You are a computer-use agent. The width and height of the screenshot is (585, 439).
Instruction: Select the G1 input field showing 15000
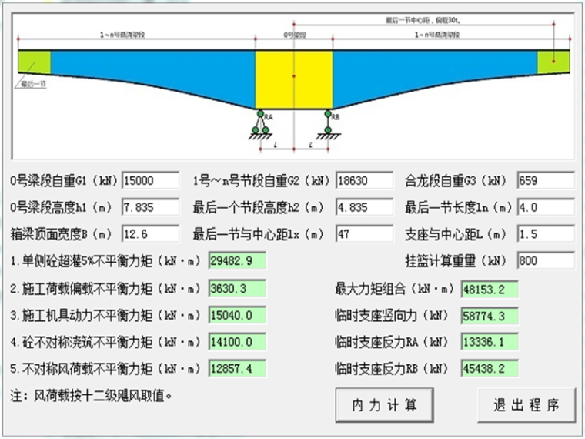pyautogui.click(x=150, y=181)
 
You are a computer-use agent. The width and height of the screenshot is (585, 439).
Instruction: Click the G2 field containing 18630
pyautogui.click(x=365, y=181)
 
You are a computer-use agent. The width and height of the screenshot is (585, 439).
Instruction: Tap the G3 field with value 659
pyautogui.click(x=546, y=181)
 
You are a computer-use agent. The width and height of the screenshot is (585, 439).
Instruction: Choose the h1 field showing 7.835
pyautogui.click(x=150, y=207)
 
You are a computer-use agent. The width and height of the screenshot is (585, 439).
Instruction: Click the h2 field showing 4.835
pyautogui.click(x=365, y=207)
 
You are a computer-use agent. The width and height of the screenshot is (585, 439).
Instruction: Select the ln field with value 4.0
pyautogui.click(x=546, y=207)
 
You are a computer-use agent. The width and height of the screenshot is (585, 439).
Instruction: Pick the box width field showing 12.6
pyautogui.click(x=150, y=233)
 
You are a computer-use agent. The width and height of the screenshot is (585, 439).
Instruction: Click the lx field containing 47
pyautogui.click(x=365, y=233)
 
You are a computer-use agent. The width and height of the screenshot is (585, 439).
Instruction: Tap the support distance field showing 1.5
pyautogui.click(x=546, y=233)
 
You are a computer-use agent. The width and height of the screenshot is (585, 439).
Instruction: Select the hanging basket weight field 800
pyautogui.click(x=546, y=260)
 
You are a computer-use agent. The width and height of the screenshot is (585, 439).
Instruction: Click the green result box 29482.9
pyautogui.click(x=236, y=260)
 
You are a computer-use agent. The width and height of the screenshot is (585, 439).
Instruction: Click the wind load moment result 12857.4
pyautogui.click(x=236, y=368)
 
